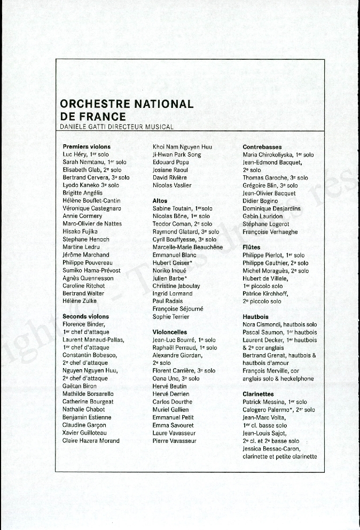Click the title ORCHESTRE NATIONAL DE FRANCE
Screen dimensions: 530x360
point(127,110)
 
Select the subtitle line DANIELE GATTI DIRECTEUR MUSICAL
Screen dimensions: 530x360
point(117,127)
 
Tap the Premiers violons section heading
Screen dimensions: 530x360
point(87,146)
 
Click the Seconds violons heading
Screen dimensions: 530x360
point(85,317)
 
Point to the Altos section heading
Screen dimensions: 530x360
point(160,201)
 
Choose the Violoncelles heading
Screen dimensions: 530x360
point(170,332)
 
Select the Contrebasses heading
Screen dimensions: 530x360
point(262,146)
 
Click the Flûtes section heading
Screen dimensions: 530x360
point(252,248)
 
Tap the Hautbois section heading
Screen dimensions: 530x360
point(255,317)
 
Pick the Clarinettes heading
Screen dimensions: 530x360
point(258,394)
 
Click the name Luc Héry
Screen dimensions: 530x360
point(75,154)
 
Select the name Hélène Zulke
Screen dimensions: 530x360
point(80,301)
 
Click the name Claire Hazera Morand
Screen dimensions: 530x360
point(91,441)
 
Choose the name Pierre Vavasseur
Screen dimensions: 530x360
point(175,441)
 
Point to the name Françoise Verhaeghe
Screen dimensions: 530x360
point(270,232)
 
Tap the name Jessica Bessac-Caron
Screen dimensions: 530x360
point(271,449)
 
